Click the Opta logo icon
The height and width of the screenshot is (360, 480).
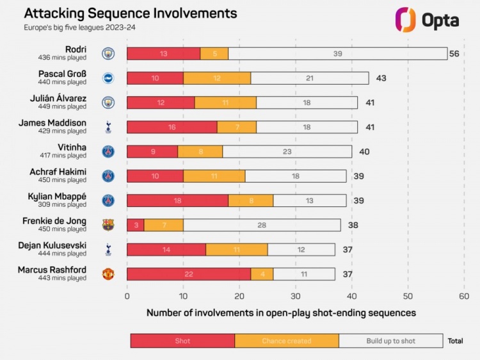[x=406, y=19]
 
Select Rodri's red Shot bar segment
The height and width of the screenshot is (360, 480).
[x=163, y=54]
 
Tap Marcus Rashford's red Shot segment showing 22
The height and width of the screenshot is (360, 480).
[x=189, y=274]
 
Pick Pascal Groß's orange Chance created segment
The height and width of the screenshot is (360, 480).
[x=217, y=78]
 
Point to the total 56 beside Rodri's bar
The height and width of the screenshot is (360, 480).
[x=454, y=54]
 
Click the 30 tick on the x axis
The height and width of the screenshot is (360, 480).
[x=296, y=296]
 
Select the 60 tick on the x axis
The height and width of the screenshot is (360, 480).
[x=464, y=296]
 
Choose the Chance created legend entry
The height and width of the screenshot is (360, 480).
[x=287, y=341]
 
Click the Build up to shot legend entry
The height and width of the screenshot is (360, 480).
[x=390, y=341]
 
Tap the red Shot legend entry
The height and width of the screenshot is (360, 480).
[x=182, y=341]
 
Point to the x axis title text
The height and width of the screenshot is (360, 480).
[x=281, y=313]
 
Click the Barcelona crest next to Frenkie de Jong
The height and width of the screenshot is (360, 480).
[x=108, y=225]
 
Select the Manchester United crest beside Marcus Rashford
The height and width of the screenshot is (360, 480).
[x=108, y=274]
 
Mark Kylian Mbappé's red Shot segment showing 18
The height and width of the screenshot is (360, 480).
[x=177, y=200]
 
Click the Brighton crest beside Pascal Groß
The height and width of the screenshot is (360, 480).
[x=108, y=78]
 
